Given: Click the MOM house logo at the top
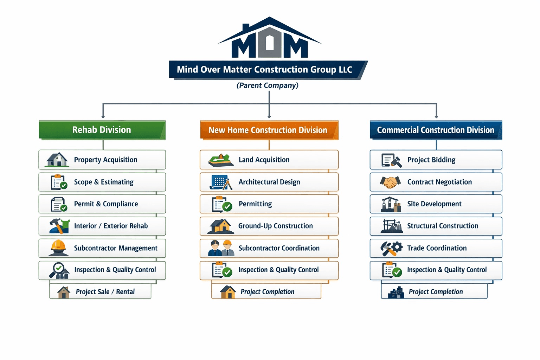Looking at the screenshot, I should [270, 39].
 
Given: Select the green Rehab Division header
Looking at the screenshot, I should [102, 130].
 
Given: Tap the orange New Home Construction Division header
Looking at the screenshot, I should [269, 130].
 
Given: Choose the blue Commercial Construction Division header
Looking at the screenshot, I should [436, 130].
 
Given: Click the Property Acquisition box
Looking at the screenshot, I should [102, 160].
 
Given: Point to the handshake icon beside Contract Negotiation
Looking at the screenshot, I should [390, 182].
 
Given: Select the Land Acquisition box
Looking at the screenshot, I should [269, 160].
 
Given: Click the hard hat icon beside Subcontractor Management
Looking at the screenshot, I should [58, 247].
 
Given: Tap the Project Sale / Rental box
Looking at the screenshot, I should [101, 291].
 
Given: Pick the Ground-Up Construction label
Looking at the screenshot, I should [276, 226].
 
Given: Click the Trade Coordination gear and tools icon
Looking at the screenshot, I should [391, 248].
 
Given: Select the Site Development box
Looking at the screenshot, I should [436, 204].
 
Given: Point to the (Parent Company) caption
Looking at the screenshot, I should [268, 85].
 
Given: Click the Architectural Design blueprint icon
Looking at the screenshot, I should [221, 182].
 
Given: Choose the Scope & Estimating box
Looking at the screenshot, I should [102, 182].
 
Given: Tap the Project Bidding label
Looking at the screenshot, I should [431, 160].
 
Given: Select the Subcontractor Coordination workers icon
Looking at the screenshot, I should [221, 248].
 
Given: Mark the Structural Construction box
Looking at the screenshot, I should [436, 226].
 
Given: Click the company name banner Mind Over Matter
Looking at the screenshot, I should [264, 70].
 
